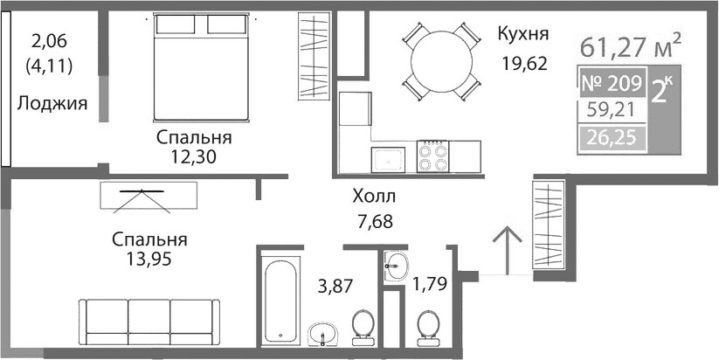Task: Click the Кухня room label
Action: [x=522, y=35]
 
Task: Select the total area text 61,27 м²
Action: [x=630, y=43]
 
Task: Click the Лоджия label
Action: [x=52, y=104]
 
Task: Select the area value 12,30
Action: [x=194, y=157]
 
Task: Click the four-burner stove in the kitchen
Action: [x=434, y=157]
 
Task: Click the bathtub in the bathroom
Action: [x=283, y=298]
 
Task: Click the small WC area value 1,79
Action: [x=429, y=283]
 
